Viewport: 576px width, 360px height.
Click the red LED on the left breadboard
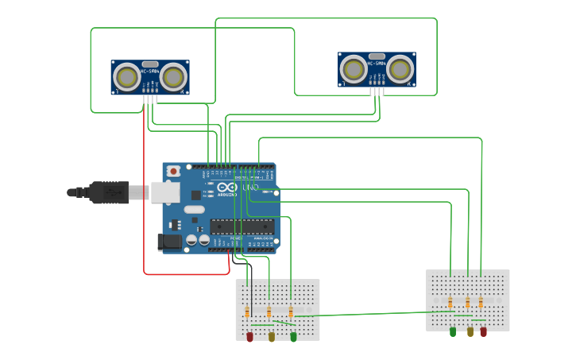tap(249, 337)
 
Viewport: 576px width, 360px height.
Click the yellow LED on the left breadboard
tap(271, 337)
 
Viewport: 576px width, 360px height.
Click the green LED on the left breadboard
tap(293, 337)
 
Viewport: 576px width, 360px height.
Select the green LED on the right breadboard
tap(453, 331)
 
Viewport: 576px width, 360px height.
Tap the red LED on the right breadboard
tap(483, 331)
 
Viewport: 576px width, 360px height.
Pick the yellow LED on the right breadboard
tap(470, 331)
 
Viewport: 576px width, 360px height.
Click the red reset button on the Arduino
tap(173, 170)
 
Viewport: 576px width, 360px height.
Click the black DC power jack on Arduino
tap(169, 242)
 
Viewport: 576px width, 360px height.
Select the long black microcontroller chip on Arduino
tap(242, 226)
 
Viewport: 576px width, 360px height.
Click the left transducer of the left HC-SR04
tap(126, 76)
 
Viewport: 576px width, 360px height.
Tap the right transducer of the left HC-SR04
tap(174, 76)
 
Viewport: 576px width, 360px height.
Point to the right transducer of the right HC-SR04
tap(400, 69)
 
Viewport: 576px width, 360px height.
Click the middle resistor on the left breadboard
tap(269, 312)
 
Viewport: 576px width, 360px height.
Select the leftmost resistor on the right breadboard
tap(450, 303)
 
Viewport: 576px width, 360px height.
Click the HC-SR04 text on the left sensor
tap(150, 72)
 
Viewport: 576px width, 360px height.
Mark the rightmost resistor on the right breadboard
tap(481, 303)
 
